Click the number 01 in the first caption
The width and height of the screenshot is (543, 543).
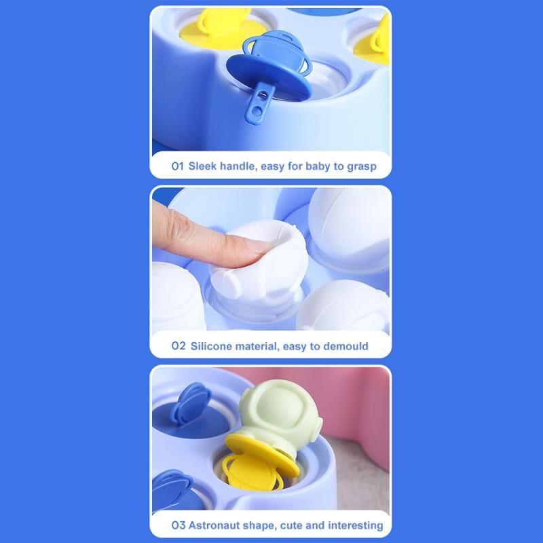(x=177, y=166)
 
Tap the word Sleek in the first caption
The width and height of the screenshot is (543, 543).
(x=202, y=166)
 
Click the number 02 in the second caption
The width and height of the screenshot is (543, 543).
(x=179, y=345)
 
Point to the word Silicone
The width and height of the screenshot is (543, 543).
(x=211, y=346)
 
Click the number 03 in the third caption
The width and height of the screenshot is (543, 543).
(x=179, y=525)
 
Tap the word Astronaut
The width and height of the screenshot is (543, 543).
(x=214, y=525)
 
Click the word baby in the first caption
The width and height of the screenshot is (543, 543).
(x=318, y=166)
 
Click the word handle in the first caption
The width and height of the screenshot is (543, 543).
(x=239, y=166)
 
